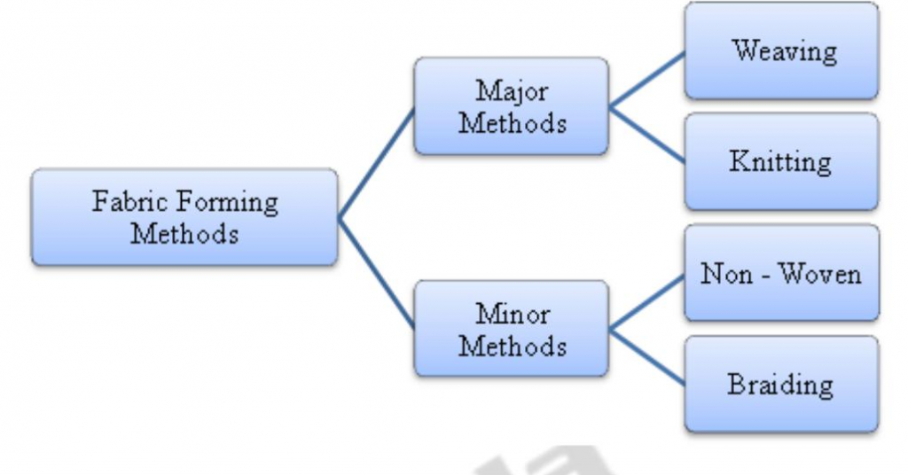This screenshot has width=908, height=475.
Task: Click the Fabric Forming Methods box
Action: (184, 217)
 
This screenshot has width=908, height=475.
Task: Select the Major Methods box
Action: (512, 105)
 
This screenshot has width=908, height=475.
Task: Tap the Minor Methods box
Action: (512, 329)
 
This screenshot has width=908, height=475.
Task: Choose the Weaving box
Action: (781, 51)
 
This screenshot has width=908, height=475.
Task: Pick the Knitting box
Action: (781, 161)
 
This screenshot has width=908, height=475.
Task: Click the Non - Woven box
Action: (781, 273)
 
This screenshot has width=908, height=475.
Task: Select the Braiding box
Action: (781, 384)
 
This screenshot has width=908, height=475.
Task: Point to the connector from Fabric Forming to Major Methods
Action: (377, 163)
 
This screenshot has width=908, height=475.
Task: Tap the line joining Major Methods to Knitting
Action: (646, 135)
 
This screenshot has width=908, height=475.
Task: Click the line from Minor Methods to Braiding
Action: (646, 357)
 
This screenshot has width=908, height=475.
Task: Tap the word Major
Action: (512, 91)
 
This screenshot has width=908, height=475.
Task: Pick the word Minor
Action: (512, 314)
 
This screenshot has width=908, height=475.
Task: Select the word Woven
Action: (820, 273)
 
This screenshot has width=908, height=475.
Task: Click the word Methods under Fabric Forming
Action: (184, 234)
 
